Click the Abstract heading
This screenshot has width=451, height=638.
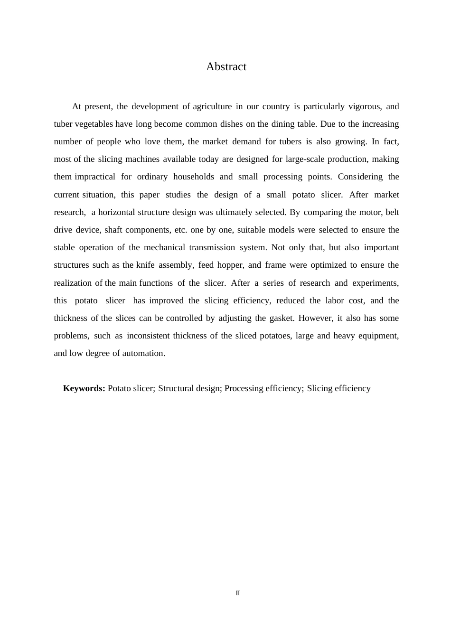point(226,67)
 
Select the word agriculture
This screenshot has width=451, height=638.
point(212,106)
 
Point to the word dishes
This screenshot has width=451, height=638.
point(231,124)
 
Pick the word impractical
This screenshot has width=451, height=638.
point(95,177)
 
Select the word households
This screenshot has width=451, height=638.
point(194,177)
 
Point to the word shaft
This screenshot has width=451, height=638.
point(113,230)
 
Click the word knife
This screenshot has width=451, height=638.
point(145,265)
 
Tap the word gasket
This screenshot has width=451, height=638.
point(282,318)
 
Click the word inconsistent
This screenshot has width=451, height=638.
point(148,336)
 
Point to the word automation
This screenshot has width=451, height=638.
point(143,353)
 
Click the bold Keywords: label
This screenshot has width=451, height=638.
point(84,388)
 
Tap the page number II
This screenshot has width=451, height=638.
point(238,593)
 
